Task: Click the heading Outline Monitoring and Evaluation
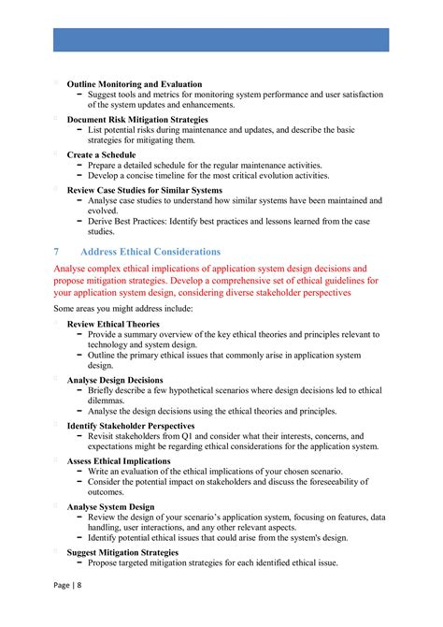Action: coord(134,84)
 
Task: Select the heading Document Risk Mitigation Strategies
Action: coord(137,120)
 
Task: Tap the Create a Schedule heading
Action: coord(101,154)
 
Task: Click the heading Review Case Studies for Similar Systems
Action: coord(144,189)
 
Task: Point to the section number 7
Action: coord(57,252)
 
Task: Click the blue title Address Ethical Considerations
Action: coord(150,252)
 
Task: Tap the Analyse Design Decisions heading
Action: coord(115,380)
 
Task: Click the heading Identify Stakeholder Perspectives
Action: coord(131,425)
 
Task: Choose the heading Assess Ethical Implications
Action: coord(119,460)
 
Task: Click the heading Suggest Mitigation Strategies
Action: coord(121,552)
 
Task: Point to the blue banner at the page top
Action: coord(221,38)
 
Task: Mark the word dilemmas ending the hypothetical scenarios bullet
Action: coord(108,400)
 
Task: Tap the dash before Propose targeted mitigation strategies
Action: coord(80,563)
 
